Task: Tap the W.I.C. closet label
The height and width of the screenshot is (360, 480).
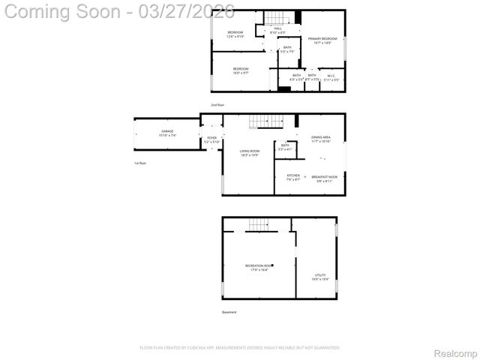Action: (331, 76)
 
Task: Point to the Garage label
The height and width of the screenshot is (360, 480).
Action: (166, 133)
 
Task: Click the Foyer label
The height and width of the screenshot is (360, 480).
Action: (211, 139)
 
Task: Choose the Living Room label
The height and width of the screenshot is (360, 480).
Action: (250, 153)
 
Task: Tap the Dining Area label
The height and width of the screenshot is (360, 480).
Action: (321, 139)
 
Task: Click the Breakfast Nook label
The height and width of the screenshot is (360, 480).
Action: (326, 178)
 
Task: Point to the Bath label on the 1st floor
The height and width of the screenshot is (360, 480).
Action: (285, 147)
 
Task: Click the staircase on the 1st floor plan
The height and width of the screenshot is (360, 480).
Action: (259, 121)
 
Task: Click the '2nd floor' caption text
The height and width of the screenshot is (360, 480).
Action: (217, 105)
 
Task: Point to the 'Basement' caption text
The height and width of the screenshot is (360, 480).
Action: (229, 312)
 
